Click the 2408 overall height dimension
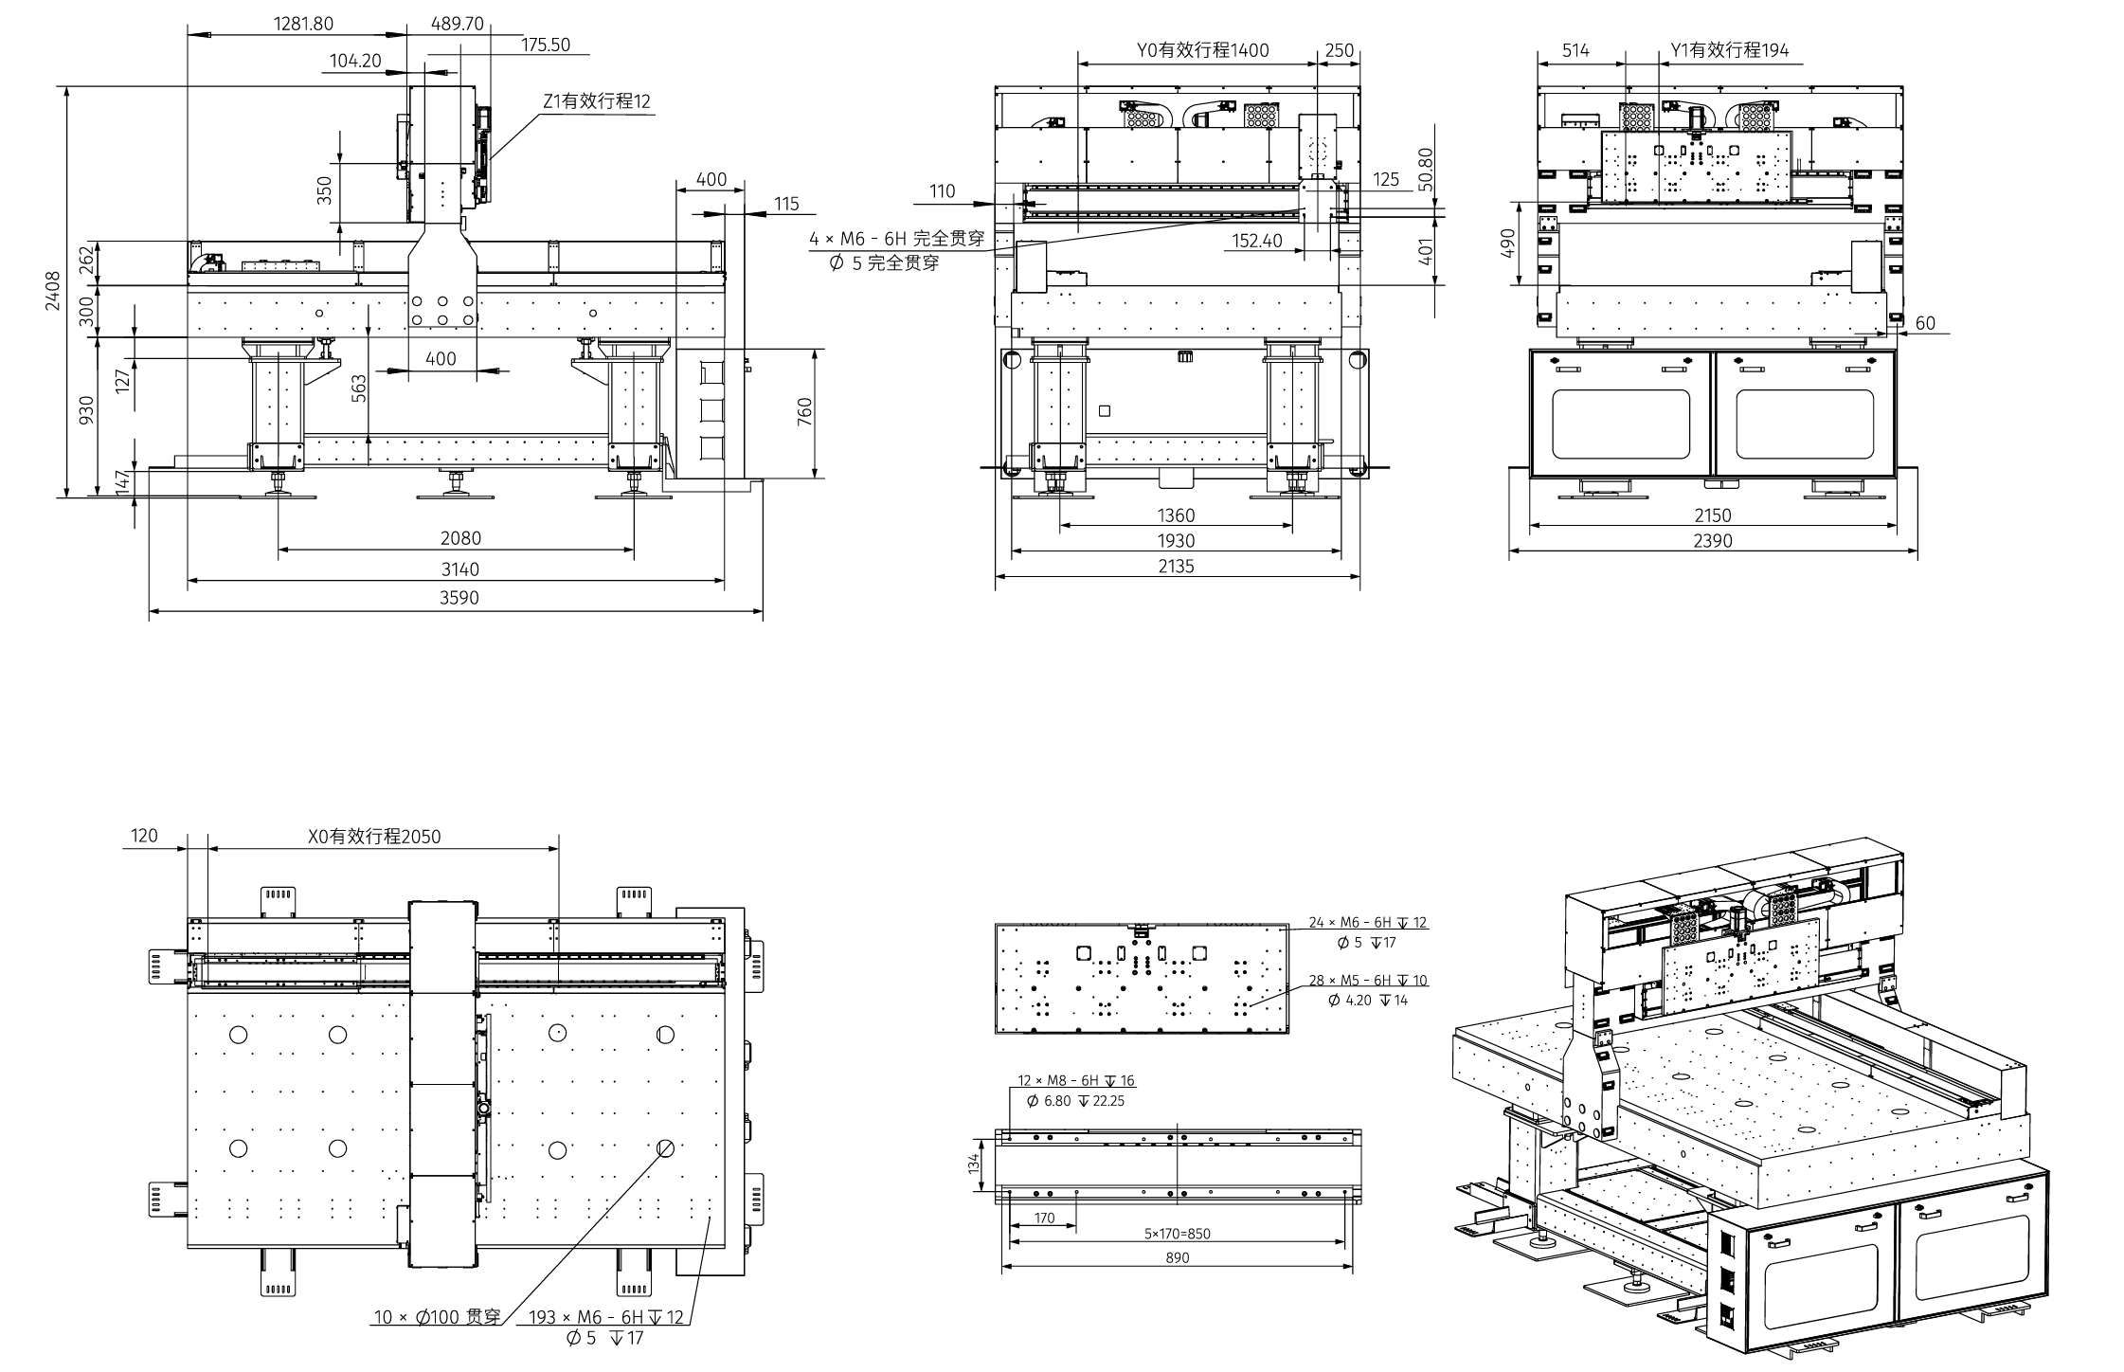52,290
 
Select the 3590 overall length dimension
459,598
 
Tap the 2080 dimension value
460,538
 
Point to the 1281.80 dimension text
303,24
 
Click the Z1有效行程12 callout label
597,101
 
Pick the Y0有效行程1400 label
1202,50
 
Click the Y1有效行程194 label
1729,50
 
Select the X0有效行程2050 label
374,837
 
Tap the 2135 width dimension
1176,567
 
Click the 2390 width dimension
1712,541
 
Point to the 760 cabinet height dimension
804,412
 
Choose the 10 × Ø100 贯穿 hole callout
437,1317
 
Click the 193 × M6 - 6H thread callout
605,1317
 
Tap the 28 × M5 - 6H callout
1367,980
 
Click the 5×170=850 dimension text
1177,1234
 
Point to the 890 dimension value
1177,1258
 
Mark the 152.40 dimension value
1257,241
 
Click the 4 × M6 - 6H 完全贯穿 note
896,239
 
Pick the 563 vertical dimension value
359,388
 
